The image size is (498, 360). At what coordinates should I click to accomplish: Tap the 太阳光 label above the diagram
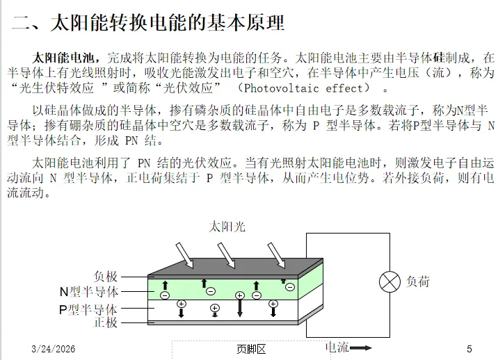[x=227, y=227]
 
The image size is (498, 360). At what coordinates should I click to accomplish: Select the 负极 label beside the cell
[x=106, y=277]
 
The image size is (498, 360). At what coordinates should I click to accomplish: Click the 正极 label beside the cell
[x=106, y=322]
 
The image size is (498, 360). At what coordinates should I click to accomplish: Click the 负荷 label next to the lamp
[x=418, y=281]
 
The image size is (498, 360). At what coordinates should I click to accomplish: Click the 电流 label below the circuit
[x=337, y=347]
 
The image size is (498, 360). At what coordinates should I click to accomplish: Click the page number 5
[x=469, y=349]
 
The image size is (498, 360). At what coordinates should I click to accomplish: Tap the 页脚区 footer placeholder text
[x=250, y=350]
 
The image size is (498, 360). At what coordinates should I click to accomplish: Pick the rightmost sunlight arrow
[x=276, y=254]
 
